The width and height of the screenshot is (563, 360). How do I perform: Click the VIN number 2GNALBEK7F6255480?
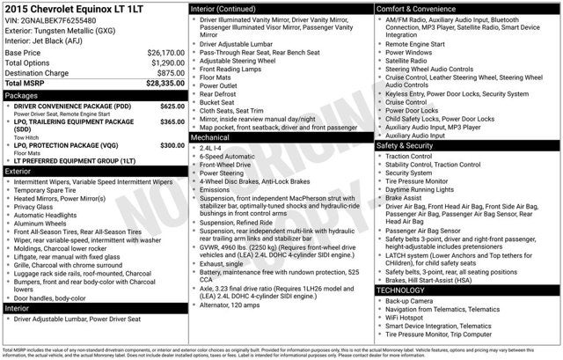click(62, 20)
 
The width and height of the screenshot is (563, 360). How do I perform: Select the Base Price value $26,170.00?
click(165, 53)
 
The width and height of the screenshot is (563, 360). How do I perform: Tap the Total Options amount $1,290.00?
click(167, 63)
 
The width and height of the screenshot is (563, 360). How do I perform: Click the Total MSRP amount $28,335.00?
click(164, 84)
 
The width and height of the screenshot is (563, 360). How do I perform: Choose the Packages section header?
click(21, 95)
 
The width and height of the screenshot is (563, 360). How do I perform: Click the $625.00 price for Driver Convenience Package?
click(172, 106)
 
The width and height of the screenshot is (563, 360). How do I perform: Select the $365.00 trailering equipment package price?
click(172, 121)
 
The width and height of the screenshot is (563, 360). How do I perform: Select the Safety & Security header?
click(406, 145)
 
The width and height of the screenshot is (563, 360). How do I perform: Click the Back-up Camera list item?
click(410, 300)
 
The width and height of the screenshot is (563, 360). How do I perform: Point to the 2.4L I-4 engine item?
click(211, 148)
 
